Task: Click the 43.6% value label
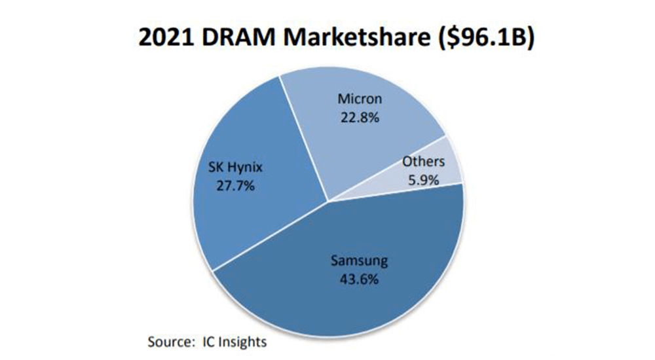click(358, 278)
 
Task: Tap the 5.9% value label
click(423, 178)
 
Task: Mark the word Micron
click(360, 100)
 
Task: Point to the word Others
click(423, 161)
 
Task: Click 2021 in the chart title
click(162, 37)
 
